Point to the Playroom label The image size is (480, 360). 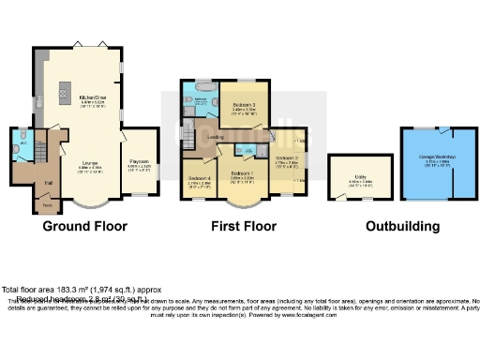140,162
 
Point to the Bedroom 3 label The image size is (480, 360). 244,106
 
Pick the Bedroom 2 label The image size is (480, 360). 287,158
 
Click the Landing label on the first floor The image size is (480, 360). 215,138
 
